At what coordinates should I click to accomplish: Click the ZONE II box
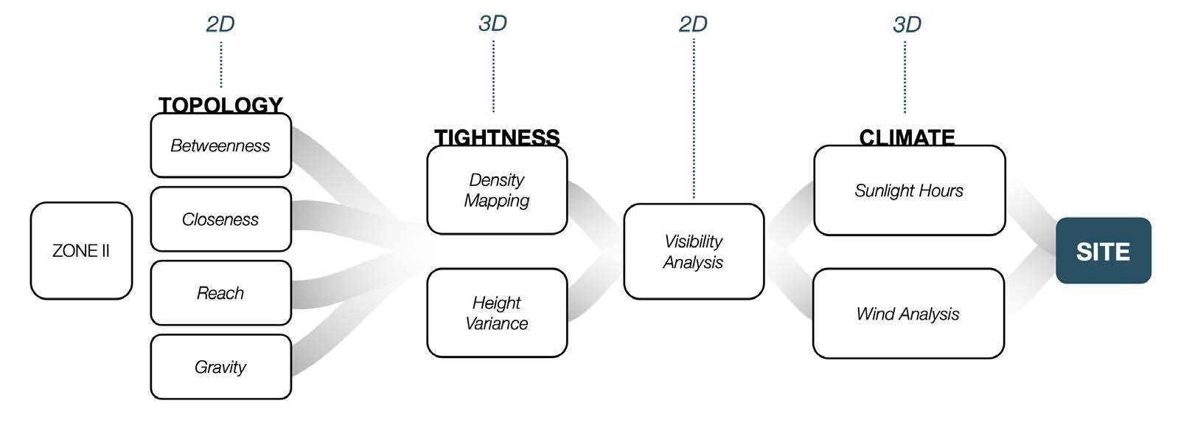(81, 250)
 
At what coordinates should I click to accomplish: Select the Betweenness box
(220, 145)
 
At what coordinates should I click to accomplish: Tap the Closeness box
(220, 219)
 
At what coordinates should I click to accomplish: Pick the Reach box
(220, 293)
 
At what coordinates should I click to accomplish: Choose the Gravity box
(220, 367)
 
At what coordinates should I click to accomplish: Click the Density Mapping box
(497, 190)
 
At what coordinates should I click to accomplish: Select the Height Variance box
(497, 313)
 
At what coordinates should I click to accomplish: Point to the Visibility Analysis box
(693, 251)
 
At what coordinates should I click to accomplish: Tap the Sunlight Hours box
(909, 190)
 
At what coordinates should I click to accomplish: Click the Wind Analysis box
(908, 314)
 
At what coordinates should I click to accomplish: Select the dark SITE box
(1103, 251)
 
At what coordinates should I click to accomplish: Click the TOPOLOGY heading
(220, 105)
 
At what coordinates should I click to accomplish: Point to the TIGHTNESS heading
(497, 137)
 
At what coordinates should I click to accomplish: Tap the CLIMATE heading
(907, 137)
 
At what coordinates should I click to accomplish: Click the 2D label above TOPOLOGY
(220, 24)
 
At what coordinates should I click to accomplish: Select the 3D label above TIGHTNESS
(492, 24)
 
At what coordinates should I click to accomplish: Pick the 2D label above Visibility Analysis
(693, 24)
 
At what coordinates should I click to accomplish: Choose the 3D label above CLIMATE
(907, 24)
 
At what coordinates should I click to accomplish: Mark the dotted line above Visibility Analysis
(694, 118)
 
